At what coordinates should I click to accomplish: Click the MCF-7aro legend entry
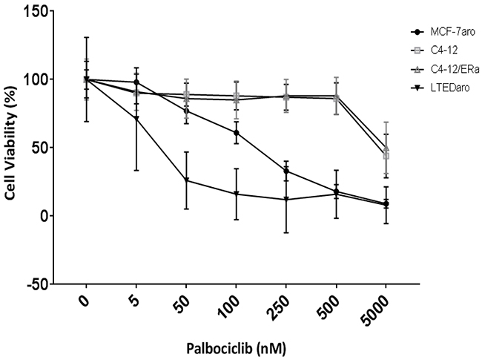coord(443,32)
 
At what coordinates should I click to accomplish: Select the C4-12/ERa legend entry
coord(445,70)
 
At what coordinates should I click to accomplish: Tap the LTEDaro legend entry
coord(440,88)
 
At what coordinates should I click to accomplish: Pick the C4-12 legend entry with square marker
coord(434,50)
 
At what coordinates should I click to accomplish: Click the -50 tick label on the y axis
coord(38,284)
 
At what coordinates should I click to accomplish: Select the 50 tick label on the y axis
coord(42,148)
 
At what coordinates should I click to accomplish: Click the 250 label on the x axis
coord(279,309)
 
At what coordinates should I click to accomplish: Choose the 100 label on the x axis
coord(229,308)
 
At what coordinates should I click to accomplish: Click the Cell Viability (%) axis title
coord(10,143)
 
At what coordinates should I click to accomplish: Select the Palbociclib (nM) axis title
coord(237,349)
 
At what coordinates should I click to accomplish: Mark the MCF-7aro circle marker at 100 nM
coord(236,133)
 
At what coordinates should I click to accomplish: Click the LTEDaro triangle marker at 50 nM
coord(186,180)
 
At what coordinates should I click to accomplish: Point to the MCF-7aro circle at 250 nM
coord(286,171)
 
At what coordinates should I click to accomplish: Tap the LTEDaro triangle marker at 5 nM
coord(136,119)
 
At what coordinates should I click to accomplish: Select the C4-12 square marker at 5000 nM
coord(386,156)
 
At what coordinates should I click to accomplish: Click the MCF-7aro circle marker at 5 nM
coord(136,82)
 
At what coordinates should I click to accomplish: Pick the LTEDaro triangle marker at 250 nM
coord(286,199)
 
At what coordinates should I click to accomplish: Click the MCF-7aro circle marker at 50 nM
coord(186,111)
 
